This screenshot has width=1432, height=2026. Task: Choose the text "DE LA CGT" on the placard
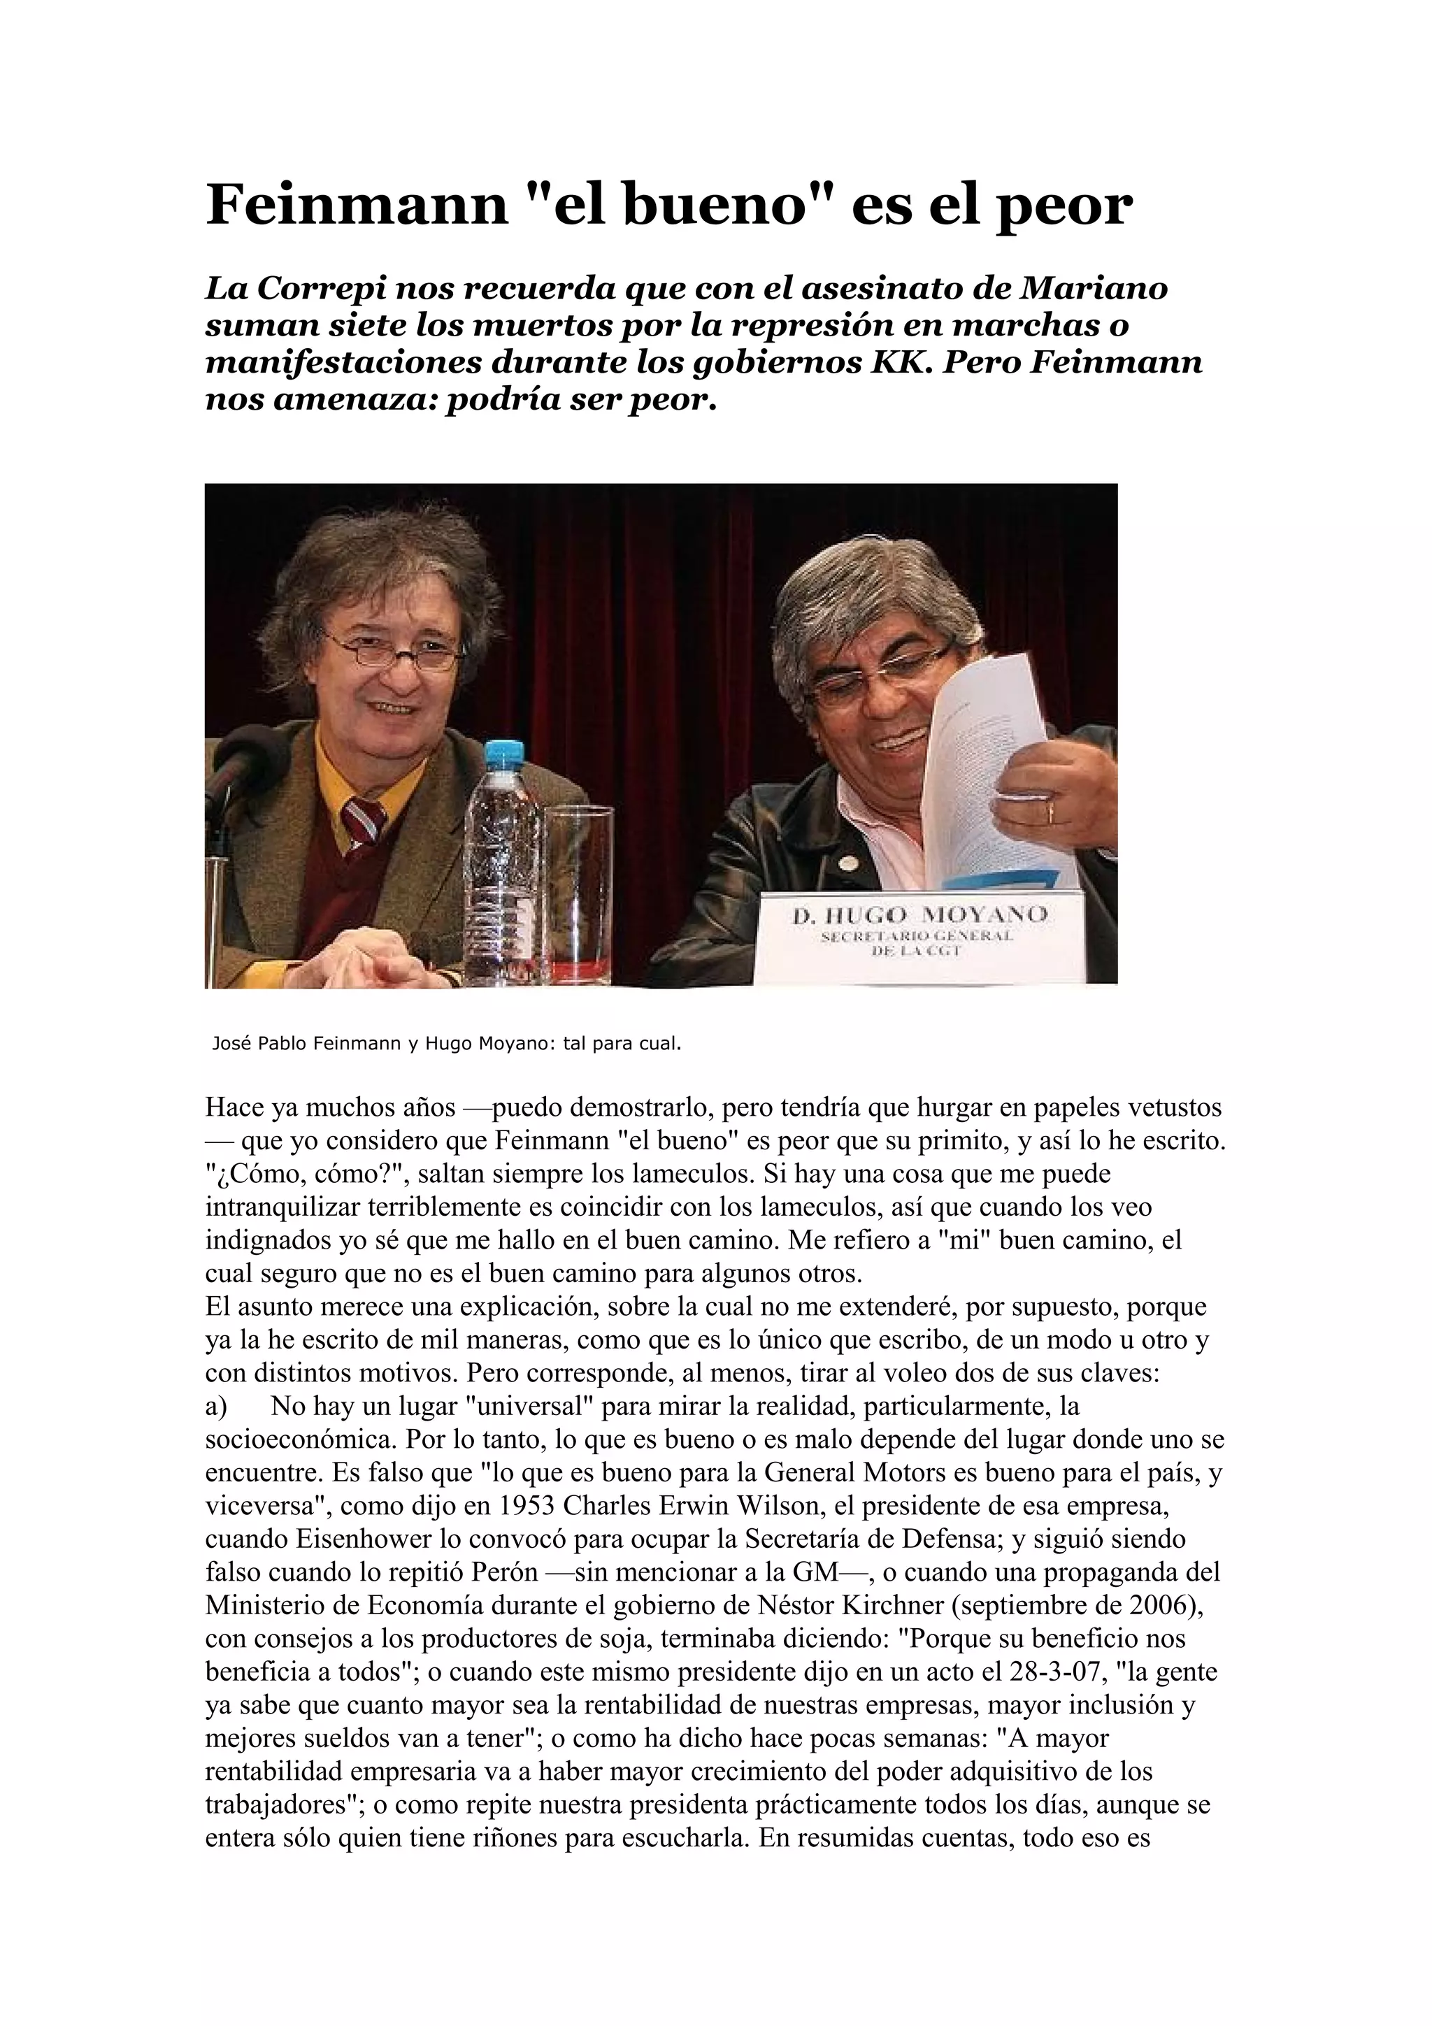click(917, 951)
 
